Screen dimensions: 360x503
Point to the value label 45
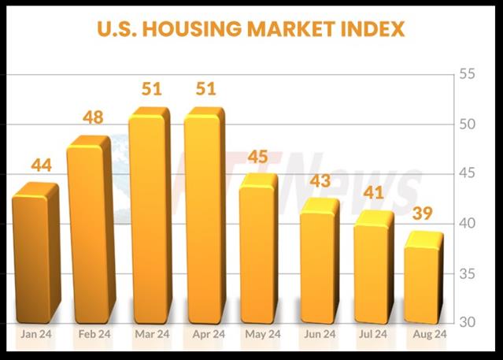pos(257,157)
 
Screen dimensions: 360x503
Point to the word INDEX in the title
pos(375,30)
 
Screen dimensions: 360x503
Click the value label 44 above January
pos(41,165)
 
